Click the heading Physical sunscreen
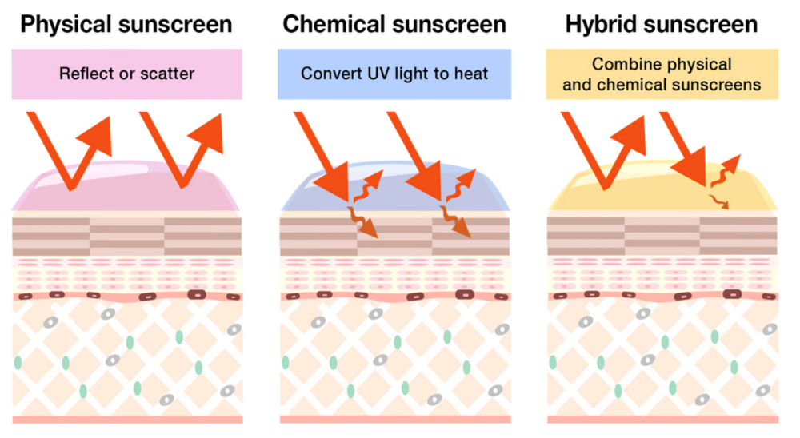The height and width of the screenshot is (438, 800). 126,23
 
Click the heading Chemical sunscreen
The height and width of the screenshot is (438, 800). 394,23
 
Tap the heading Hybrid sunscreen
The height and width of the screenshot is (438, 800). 662,23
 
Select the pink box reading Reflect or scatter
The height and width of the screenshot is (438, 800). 126,74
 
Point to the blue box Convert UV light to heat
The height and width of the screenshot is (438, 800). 394,74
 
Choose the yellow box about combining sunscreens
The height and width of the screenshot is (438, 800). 662,74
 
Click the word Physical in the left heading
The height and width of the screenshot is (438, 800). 68,23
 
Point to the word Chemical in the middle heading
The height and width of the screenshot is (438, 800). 335,23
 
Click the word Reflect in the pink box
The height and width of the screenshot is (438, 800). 85,74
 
